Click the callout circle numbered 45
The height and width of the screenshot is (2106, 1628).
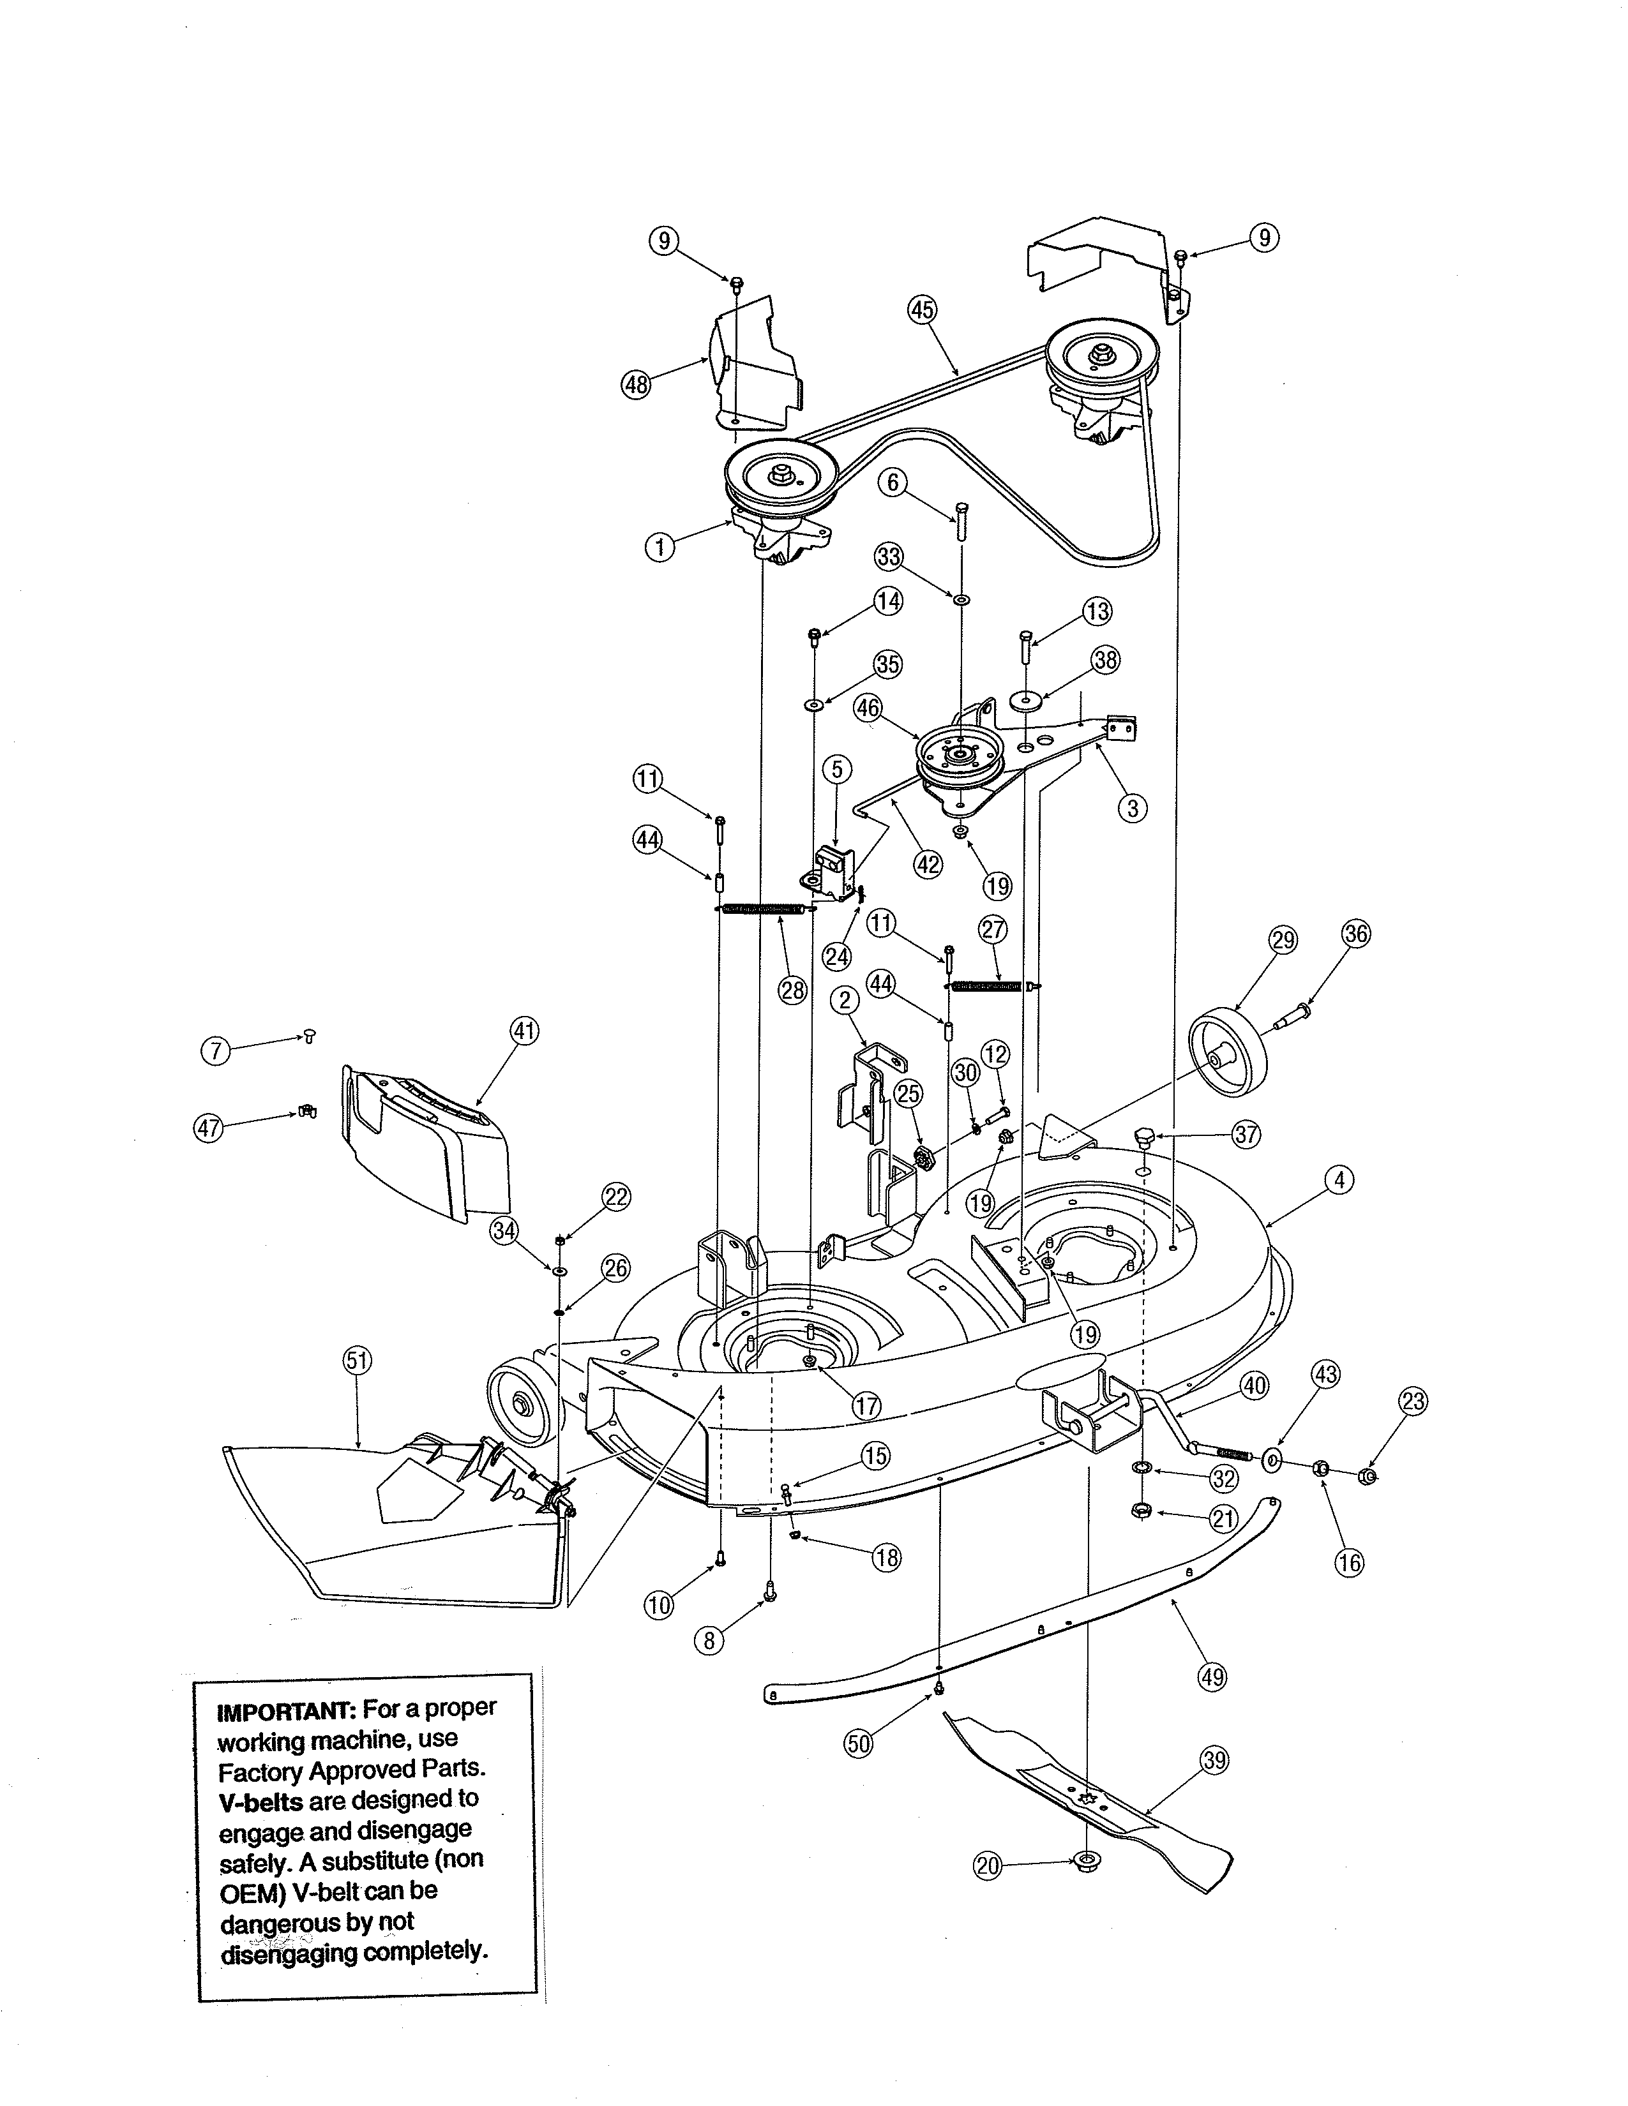click(x=922, y=310)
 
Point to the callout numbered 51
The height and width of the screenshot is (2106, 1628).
click(x=357, y=1361)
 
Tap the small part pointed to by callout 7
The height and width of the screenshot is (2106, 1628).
click(x=308, y=1036)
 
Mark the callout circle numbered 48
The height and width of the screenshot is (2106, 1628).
click(x=637, y=385)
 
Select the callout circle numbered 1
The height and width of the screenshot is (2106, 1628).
click(x=659, y=548)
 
